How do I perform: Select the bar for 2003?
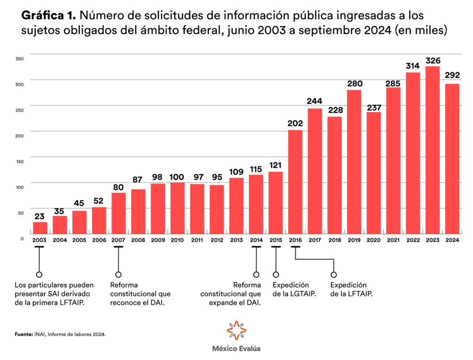point(40,228)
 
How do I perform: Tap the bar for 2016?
point(295,182)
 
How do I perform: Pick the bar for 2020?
point(374,173)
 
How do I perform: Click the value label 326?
point(433,61)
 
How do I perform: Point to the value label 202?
point(295,124)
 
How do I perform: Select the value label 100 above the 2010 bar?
point(177,177)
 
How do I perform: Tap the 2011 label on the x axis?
point(197,240)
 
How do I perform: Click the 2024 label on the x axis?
point(452,240)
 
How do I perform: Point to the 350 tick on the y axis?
point(19,59)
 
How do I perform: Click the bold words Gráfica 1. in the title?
point(49,16)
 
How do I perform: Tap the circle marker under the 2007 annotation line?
point(118,275)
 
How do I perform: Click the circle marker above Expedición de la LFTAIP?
point(334,275)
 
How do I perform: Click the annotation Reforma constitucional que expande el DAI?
point(230,294)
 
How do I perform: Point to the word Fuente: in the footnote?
point(24,333)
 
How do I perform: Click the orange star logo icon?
point(236,330)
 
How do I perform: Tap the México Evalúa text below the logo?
point(236,349)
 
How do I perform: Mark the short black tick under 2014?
point(256,247)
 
